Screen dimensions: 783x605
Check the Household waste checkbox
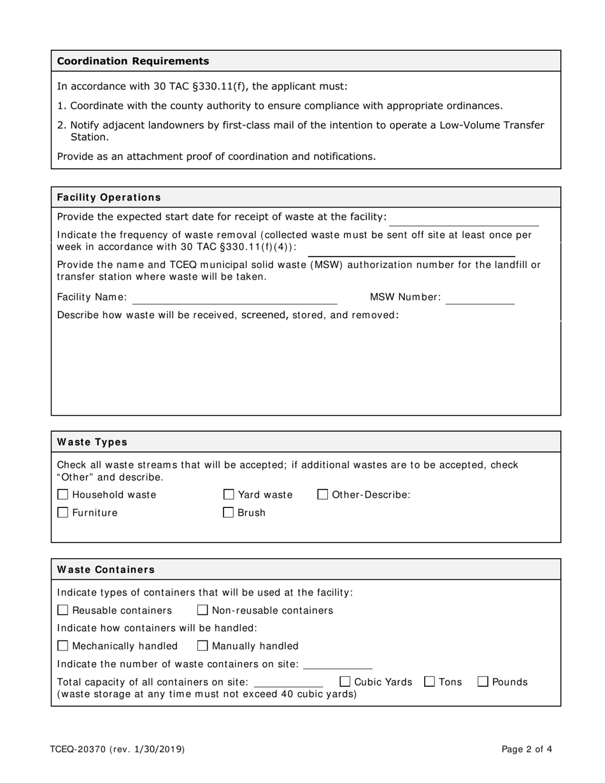click(62, 495)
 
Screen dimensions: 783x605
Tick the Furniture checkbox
click(62, 512)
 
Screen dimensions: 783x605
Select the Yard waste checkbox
click(229, 495)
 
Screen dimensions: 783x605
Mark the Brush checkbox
click(229, 512)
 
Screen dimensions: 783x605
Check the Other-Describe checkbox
click(323, 495)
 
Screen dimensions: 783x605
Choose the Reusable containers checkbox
click(62, 610)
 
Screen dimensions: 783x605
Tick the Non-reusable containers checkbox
click(203, 610)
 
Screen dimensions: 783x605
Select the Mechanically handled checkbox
click(62, 646)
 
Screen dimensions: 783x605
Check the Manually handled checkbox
click(203, 646)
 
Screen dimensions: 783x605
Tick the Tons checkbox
click(429, 682)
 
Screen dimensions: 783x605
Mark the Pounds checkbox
click(483, 682)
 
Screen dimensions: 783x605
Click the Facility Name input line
click(234, 298)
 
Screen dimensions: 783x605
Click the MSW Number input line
click(480, 298)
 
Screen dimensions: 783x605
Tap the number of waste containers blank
click(338, 664)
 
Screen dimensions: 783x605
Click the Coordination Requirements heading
click(133, 61)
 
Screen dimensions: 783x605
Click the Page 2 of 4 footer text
click(527, 749)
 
